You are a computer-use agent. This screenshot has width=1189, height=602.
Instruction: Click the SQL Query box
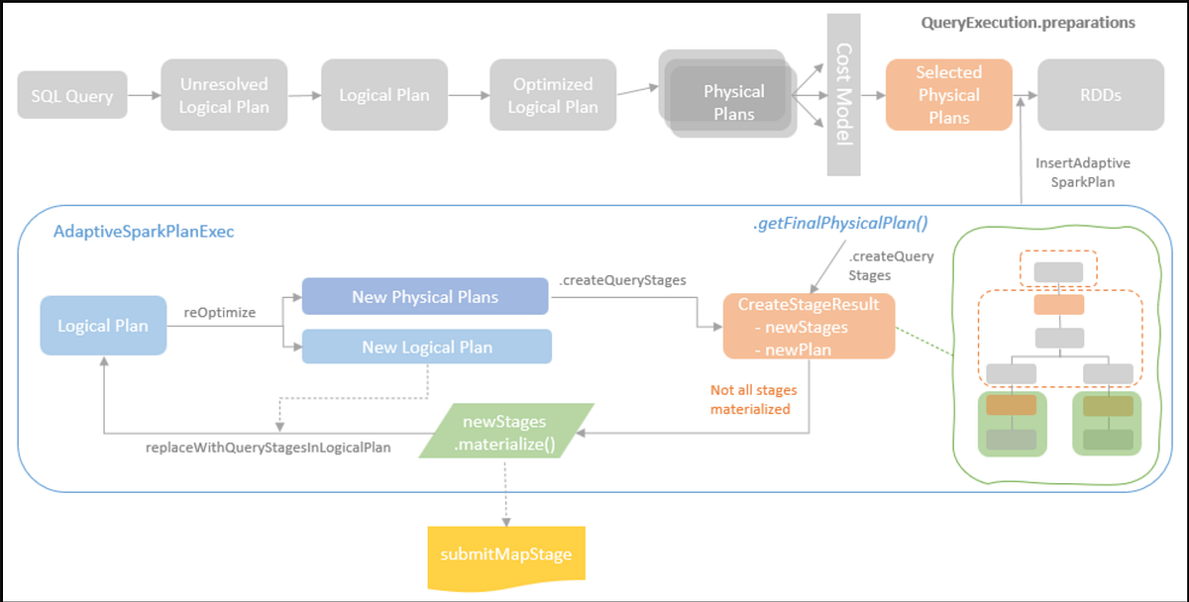[x=71, y=95]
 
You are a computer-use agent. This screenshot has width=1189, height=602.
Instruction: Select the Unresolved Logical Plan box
[x=224, y=95]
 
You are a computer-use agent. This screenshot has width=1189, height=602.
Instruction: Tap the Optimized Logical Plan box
[x=553, y=95]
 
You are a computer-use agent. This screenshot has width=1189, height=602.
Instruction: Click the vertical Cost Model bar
[x=844, y=95]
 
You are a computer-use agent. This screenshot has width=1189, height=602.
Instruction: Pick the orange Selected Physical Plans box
[x=948, y=95]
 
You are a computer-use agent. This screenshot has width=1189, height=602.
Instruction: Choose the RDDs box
[x=1100, y=95]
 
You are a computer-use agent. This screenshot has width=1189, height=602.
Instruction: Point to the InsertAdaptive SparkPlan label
[x=1083, y=171]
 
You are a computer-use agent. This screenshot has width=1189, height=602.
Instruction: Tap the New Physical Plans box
[x=424, y=296]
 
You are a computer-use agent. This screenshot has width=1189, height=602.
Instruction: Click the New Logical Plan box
[x=427, y=347]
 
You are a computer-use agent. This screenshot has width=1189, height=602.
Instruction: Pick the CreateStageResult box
[x=809, y=326]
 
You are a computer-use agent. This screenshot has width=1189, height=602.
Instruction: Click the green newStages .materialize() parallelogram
[x=506, y=433]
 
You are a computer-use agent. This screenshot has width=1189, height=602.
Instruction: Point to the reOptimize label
[x=219, y=312]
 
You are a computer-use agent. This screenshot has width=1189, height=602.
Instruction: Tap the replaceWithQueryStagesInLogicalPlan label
[x=268, y=448]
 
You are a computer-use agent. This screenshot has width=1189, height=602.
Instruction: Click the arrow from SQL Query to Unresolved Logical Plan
[x=144, y=96]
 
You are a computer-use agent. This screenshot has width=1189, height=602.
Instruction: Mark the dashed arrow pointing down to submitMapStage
[x=506, y=490]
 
